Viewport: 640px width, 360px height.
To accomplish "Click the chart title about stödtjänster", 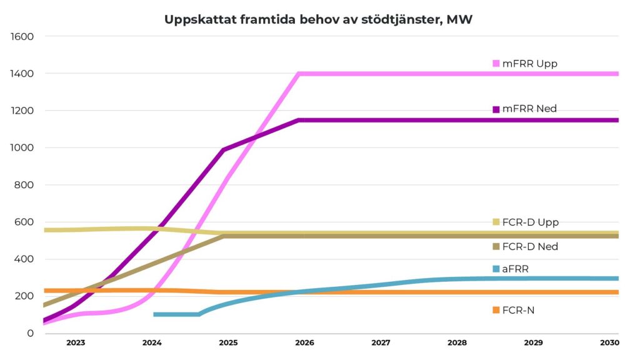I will [x=318, y=19].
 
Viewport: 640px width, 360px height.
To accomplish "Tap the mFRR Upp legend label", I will [x=529, y=64].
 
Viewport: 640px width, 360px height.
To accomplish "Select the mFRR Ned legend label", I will [x=529, y=109].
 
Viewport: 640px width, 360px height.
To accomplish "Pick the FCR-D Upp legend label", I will [x=530, y=222].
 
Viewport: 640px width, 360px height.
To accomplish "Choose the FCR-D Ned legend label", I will [x=529, y=246].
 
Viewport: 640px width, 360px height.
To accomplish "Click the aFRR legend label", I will [x=516, y=269].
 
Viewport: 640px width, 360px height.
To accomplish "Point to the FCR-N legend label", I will [x=518, y=310].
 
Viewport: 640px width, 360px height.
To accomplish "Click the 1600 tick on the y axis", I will [x=22, y=36].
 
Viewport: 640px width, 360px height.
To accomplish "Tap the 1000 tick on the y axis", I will [x=22, y=147].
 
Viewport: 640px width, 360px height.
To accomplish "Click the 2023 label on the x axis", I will [x=76, y=342].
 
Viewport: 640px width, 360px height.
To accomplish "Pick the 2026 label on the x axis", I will [x=304, y=342].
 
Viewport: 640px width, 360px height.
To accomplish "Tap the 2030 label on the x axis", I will [x=609, y=342].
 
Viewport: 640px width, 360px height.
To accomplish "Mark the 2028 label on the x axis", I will [x=457, y=342].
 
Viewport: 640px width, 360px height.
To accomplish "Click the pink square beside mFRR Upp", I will [x=496, y=64].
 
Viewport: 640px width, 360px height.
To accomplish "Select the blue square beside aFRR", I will [x=496, y=269].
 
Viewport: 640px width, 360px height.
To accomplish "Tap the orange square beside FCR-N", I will [x=496, y=310].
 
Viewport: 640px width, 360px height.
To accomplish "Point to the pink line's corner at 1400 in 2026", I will [x=299, y=74].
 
